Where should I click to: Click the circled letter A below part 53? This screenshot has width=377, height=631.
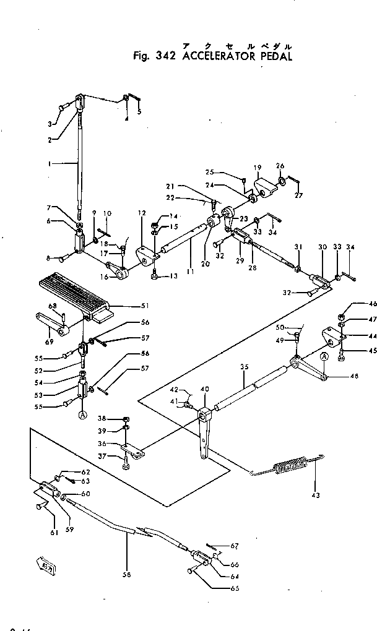point(82,416)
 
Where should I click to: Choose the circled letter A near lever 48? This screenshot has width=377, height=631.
point(323,357)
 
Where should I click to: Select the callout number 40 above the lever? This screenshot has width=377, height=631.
point(204,389)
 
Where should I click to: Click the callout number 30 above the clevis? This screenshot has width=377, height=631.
point(323,247)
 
